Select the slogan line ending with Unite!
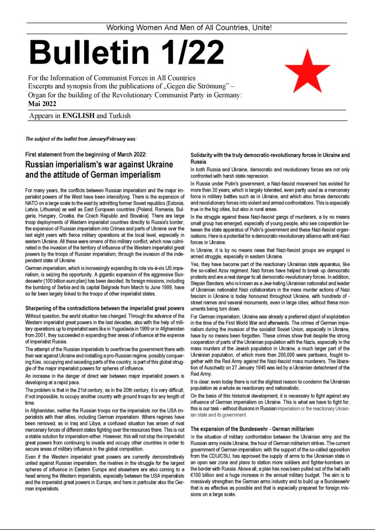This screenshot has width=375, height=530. pos(189,28)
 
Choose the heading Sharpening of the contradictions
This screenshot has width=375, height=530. pos(105,293)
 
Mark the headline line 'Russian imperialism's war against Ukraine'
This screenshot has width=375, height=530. pos(91,165)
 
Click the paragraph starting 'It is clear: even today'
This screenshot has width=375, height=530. pos(269,385)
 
